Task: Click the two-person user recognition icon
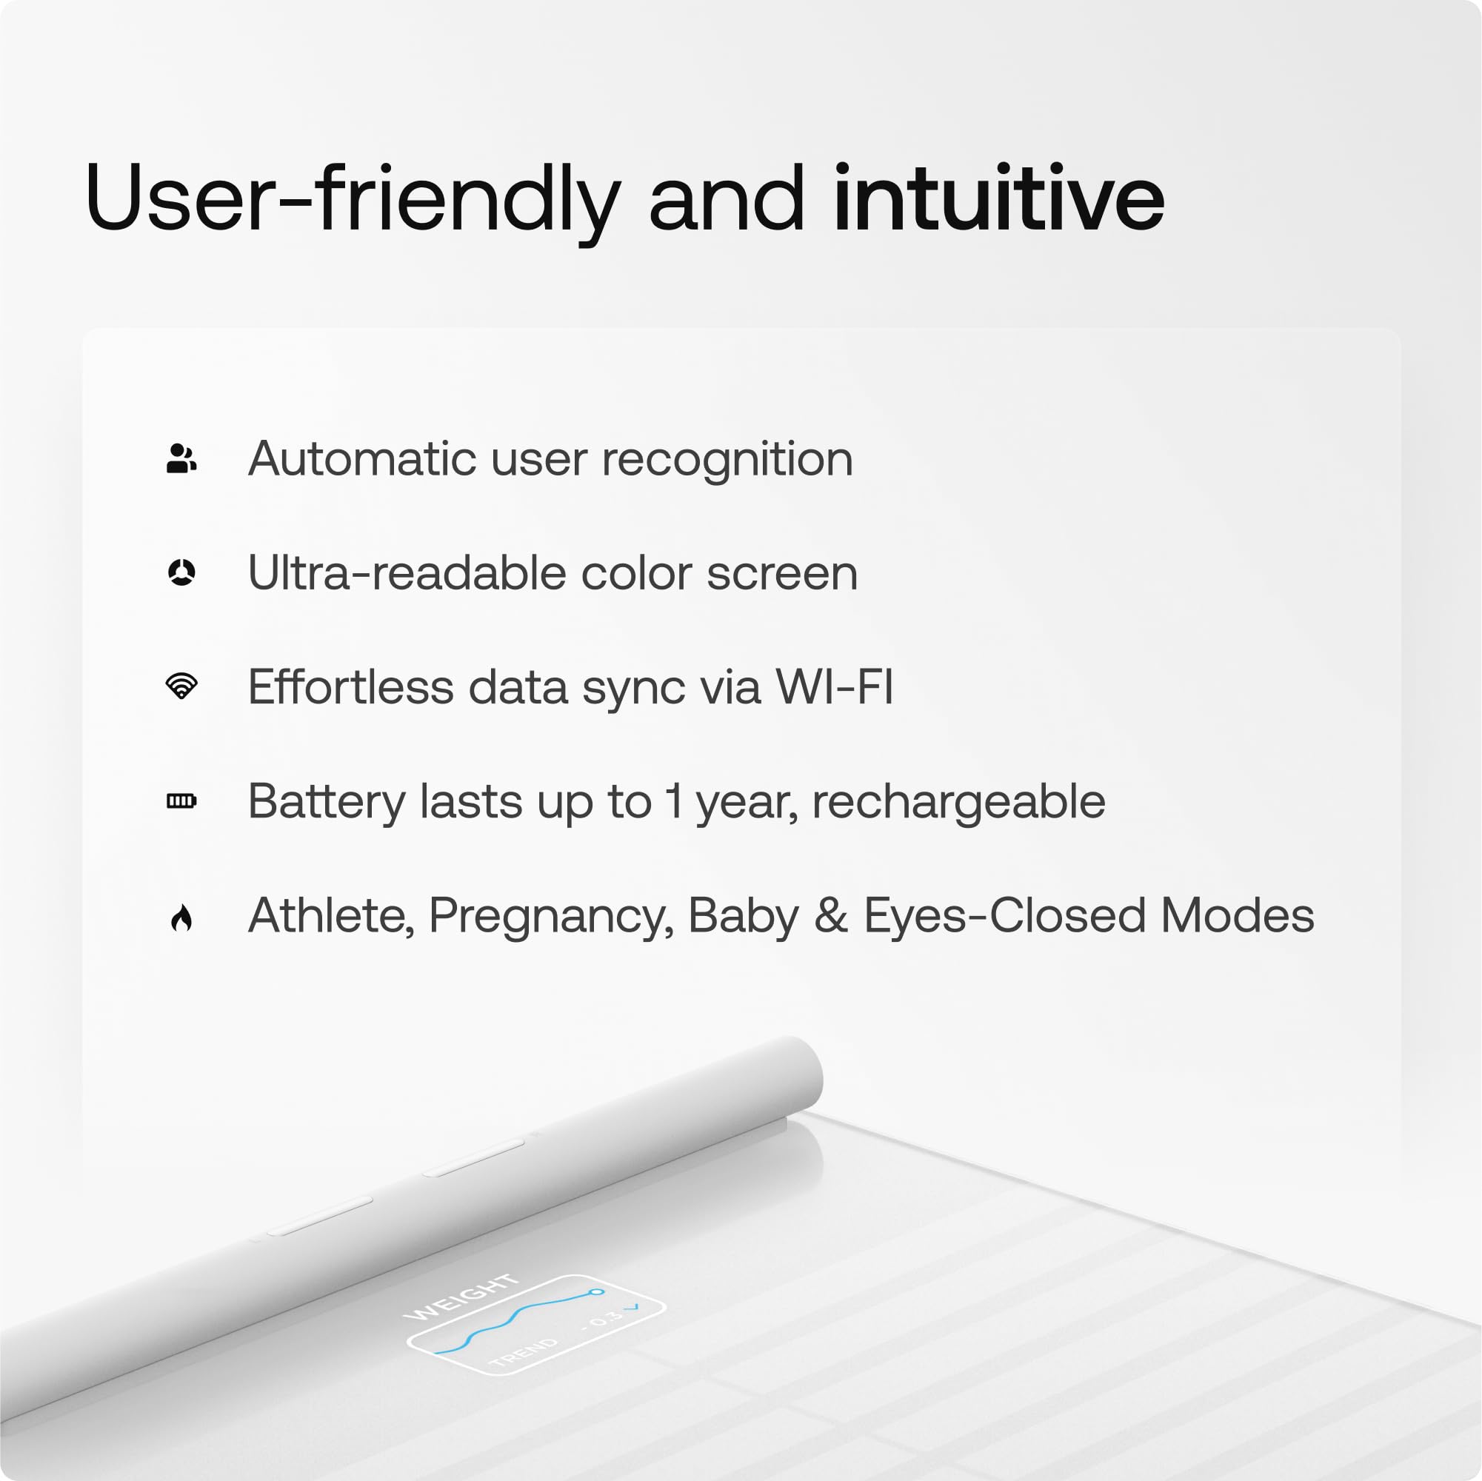pyautogui.click(x=181, y=458)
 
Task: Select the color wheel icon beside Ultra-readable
pyautogui.click(x=181, y=572)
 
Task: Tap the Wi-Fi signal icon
pyautogui.click(x=181, y=686)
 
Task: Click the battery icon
pyautogui.click(x=181, y=800)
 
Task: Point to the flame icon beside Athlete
pyautogui.click(x=181, y=917)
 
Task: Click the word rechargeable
pyautogui.click(x=958, y=802)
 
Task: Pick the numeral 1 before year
pyautogui.click(x=673, y=800)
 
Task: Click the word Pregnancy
pyautogui.click(x=551, y=916)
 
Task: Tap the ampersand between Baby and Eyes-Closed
pyautogui.click(x=831, y=916)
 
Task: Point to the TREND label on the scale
pyautogui.click(x=524, y=1353)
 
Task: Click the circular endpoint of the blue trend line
pyautogui.click(x=596, y=1292)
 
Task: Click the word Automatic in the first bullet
pyautogui.click(x=362, y=458)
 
